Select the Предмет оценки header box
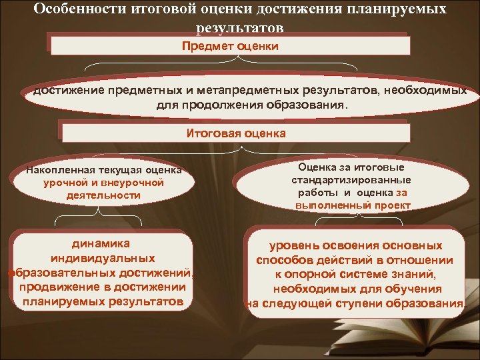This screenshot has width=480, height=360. (x=231, y=46)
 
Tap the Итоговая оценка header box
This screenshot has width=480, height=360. (x=235, y=133)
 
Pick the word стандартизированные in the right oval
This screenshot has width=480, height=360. (x=351, y=181)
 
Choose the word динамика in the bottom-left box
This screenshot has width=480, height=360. (x=103, y=243)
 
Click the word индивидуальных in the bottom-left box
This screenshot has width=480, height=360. (x=103, y=258)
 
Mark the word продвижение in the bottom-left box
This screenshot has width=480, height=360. (x=56, y=287)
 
